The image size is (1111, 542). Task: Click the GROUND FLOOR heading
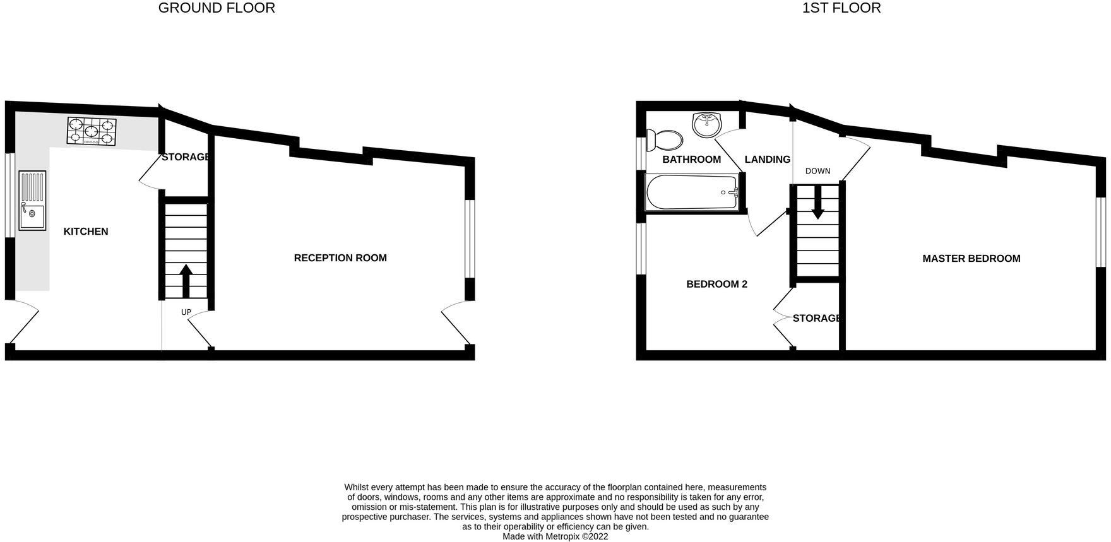217,8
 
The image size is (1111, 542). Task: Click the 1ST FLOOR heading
841,8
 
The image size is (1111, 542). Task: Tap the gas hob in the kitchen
92,132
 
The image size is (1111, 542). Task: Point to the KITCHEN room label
86,232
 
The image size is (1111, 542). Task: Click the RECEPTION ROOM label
340,258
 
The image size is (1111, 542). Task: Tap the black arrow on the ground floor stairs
186,281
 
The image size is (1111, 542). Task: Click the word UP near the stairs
186,312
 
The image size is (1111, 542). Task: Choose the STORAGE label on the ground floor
185,157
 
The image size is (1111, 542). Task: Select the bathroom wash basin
707,124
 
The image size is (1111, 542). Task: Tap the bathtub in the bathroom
692,192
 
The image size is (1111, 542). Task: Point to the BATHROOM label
691,160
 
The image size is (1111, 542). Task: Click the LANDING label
767,160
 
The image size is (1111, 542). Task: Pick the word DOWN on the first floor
817,171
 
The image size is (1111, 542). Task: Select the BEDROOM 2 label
716,285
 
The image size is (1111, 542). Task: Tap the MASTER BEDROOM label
971,259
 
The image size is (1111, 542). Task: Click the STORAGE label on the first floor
816,319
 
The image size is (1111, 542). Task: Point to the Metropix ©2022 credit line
555,536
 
